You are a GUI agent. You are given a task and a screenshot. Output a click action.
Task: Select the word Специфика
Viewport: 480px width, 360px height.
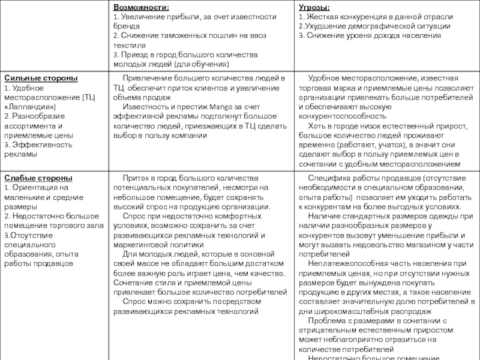[326, 178]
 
